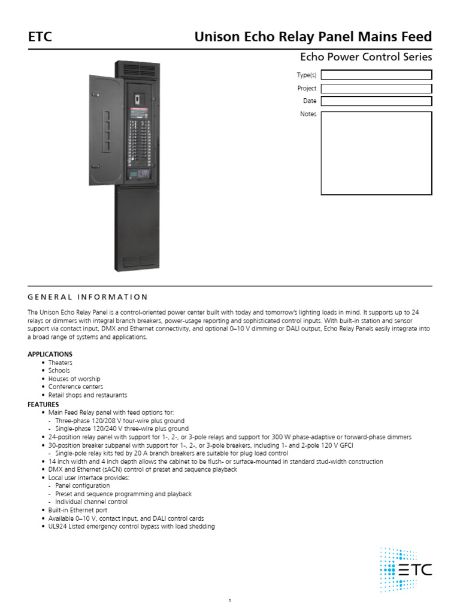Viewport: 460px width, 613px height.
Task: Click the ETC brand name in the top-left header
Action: pos(40,37)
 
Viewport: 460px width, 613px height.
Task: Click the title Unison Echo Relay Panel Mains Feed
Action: pos(313,37)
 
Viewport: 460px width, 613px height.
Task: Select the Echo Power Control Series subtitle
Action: pos(365,57)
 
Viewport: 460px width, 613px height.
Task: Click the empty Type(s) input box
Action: pos(376,75)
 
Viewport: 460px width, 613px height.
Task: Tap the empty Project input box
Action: pos(376,89)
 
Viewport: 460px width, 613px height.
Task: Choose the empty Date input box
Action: pos(376,101)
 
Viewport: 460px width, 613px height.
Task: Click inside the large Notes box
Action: pos(376,153)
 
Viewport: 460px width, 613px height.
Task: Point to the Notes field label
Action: pos(308,114)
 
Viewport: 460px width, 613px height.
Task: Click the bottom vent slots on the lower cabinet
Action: pos(140,261)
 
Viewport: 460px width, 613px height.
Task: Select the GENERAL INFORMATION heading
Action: pos(87,297)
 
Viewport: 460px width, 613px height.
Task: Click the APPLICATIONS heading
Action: pos(50,354)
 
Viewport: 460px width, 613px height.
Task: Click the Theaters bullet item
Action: pos(60,363)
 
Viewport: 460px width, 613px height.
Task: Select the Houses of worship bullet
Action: pos(74,379)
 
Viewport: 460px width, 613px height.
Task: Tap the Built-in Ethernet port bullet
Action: pos(78,510)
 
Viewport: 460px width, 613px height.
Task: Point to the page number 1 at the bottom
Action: pos(230,601)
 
